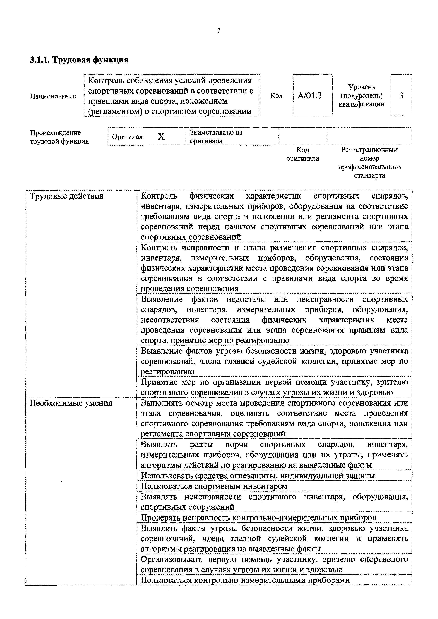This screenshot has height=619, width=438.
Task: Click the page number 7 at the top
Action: pyautogui.click(x=218, y=31)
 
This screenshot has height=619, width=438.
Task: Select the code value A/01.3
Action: pyautogui.click(x=309, y=96)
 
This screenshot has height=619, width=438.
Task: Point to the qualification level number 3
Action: pyautogui.click(x=401, y=95)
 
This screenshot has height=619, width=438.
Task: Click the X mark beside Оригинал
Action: pyautogui.click(x=161, y=137)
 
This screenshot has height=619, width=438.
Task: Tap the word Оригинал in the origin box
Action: pyautogui.click(x=127, y=137)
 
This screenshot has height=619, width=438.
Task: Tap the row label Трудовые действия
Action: pyautogui.click(x=67, y=196)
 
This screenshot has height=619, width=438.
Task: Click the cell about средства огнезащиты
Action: pyautogui.click(x=258, y=476)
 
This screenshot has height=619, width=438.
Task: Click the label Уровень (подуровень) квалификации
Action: pyautogui.click(x=361, y=96)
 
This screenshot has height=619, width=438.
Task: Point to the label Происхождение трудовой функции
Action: pyautogui.click(x=59, y=137)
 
